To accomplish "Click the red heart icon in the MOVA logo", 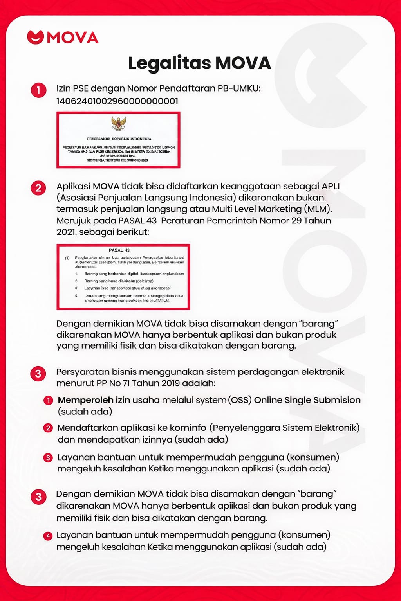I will (x=35, y=37).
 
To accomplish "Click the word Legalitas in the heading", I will (x=170, y=63).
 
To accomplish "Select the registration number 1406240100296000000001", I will (x=117, y=101).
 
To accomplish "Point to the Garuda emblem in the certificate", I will (x=118, y=123).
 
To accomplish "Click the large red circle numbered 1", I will (x=38, y=90).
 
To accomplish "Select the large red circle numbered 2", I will (x=38, y=188).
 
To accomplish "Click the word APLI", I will (x=331, y=186).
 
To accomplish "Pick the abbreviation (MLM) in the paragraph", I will (x=319, y=209).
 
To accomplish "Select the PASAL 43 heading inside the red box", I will (x=119, y=250).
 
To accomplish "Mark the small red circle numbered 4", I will (x=48, y=536).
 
